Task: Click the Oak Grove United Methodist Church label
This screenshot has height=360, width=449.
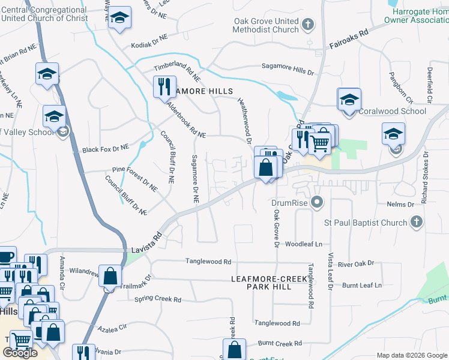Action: point(266,25)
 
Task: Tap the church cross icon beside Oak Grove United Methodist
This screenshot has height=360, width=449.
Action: point(308,25)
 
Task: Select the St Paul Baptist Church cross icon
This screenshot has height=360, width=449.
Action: point(416,223)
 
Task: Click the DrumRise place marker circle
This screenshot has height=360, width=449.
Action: point(318,202)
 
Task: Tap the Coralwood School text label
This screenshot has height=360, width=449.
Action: point(393,111)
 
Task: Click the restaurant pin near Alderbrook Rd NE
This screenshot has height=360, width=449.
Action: point(164,87)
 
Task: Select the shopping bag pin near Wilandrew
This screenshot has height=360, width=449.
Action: point(111,277)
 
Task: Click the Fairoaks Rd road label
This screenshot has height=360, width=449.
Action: point(348,41)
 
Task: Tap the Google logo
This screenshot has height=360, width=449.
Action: point(20,353)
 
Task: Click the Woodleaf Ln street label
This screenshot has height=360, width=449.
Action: point(304,244)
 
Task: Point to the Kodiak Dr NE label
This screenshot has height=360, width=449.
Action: point(151,46)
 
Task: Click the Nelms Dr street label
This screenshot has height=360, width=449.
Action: point(402,205)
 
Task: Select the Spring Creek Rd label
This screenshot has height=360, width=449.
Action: point(158,299)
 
